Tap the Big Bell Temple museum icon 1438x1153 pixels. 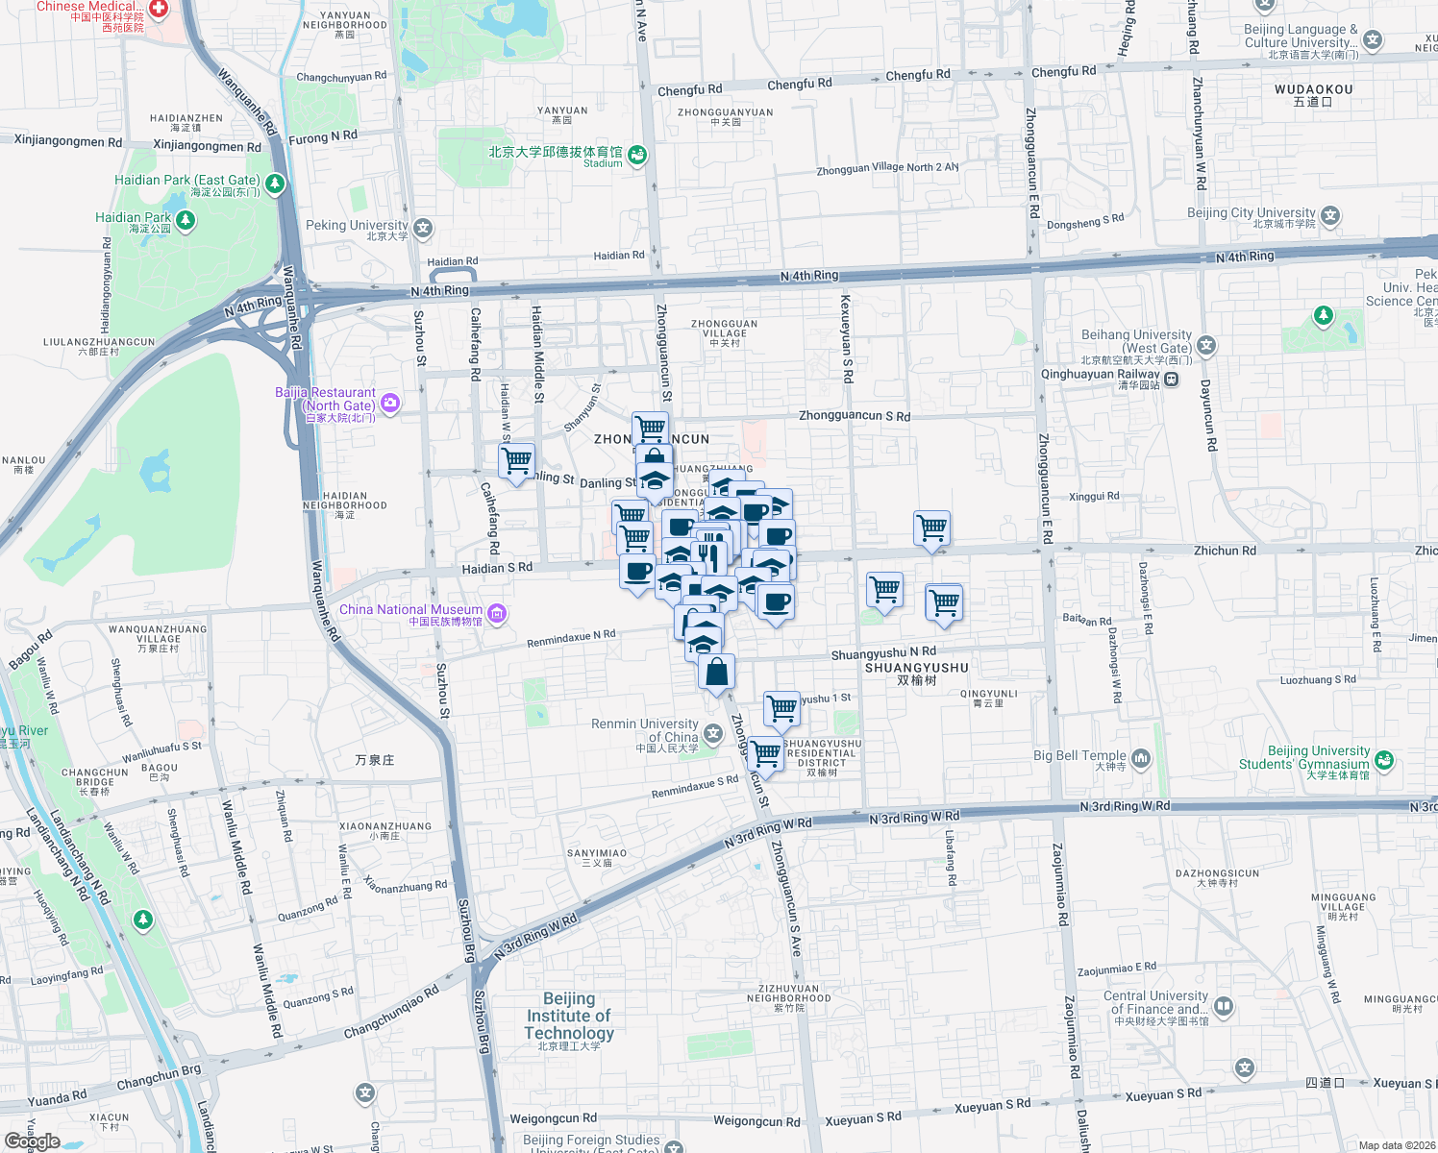point(1141,759)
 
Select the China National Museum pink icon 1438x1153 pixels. point(497,613)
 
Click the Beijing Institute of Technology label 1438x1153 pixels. point(569,1017)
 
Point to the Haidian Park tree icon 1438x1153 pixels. point(186,221)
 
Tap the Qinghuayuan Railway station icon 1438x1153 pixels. point(1172,380)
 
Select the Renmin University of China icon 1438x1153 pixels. point(713,735)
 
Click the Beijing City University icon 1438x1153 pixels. point(1330,215)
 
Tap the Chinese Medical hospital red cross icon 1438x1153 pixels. point(159,9)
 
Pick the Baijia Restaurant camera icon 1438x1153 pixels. point(390,403)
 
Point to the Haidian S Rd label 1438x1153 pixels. point(497,568)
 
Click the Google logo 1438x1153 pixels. point(32,1141)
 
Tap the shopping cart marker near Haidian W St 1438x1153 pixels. point(517,461)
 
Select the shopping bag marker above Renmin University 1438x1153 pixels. point(717,672)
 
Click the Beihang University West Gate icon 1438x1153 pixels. point(1206,345)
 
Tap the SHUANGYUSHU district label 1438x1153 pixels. point(917,668)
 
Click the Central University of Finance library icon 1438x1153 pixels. point(1224,1006)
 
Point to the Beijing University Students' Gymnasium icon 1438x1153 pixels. point(1383,760)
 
